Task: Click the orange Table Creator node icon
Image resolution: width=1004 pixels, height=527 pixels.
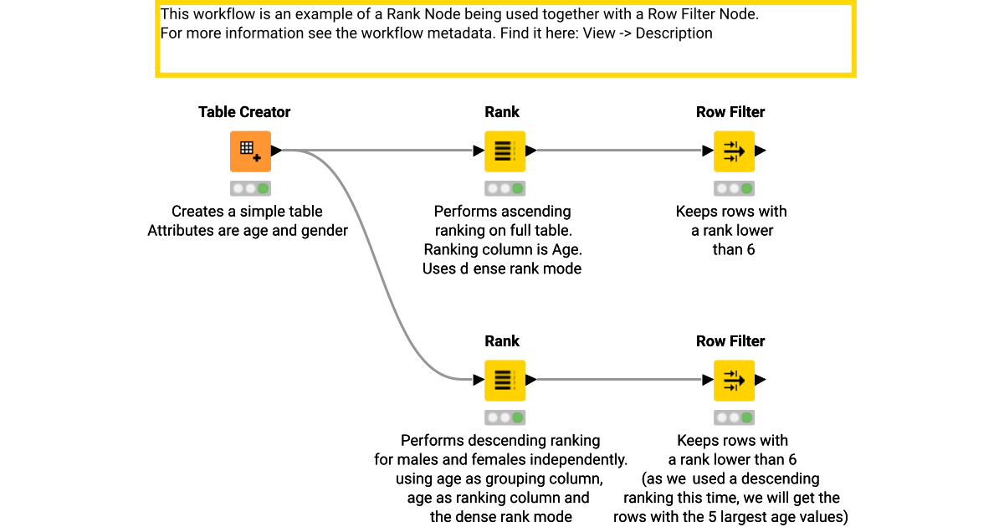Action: point(250,151)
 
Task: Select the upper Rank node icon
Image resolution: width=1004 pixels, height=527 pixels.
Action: point(505,151)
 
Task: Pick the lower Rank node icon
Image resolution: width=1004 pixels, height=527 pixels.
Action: point(505,381)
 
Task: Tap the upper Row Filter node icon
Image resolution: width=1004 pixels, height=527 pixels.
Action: point(734,151)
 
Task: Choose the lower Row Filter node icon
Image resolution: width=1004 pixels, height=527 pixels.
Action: point(734,381)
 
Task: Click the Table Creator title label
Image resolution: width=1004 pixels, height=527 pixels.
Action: point(244,112)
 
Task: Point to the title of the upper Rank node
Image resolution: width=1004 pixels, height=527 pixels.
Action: point(502,112)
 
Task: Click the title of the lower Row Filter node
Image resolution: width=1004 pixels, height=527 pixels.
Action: point(730,341)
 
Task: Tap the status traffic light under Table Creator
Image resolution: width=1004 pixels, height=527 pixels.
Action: point(250,189)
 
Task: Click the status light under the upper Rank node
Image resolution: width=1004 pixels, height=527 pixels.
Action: point(505,189)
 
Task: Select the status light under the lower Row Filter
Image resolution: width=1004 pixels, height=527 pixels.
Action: point(734,417)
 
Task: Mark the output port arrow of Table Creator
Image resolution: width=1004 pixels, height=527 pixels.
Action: point(277,151)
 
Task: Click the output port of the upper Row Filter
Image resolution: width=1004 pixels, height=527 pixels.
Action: point(761,151)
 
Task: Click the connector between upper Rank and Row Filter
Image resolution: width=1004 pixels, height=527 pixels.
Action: point(619,151)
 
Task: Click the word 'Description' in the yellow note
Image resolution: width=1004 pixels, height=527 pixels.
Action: point(674,33)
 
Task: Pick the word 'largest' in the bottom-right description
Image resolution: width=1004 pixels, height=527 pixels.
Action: point(763,517)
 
